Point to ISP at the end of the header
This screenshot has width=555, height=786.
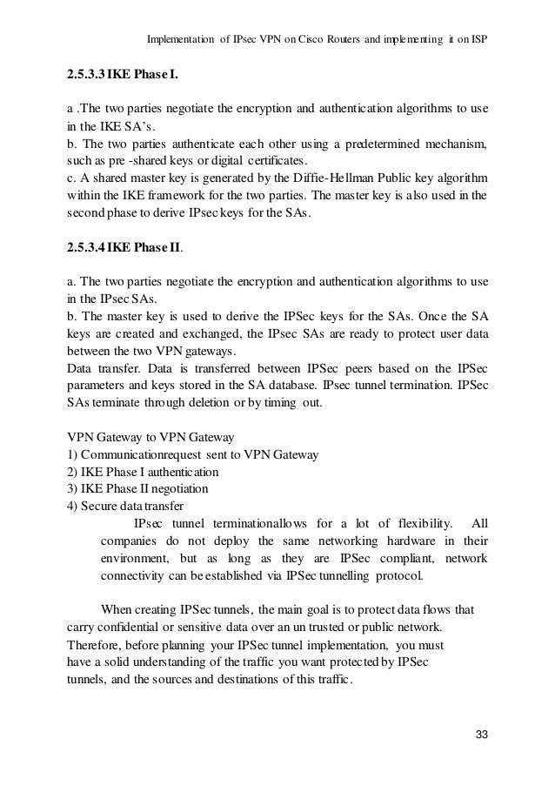click(x=477, y=40)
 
